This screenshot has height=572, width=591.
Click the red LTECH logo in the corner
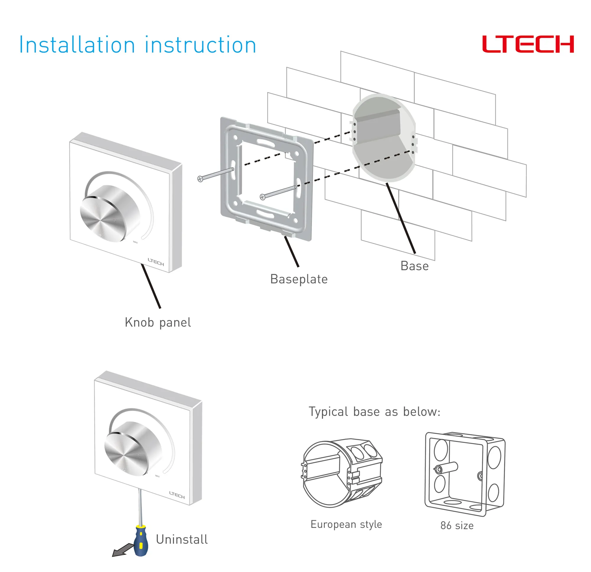(x=528, y=44)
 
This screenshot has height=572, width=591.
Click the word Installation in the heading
(x=77, y=45)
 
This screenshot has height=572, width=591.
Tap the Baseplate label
(x=298, y=279)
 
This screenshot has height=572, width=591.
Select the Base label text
(x=414, y=266)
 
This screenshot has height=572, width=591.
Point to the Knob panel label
(x=158, y=322)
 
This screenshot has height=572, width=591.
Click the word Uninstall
(x=182, y=540)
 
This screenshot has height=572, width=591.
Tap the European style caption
(x=346, y=524)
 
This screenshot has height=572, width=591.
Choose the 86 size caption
(x=457, y=526)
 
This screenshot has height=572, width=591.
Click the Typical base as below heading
(x=374, y=412)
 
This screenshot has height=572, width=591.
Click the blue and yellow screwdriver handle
(x=141, y=541)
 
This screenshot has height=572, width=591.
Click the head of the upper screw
(x=200, y=179)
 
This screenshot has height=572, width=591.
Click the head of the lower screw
(x=262, y=197)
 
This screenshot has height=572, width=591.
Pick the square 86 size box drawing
(x=464, y=473)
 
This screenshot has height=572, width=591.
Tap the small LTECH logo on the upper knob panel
(x=156, y=262)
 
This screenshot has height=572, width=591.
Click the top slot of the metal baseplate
(x=265, y=142)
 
